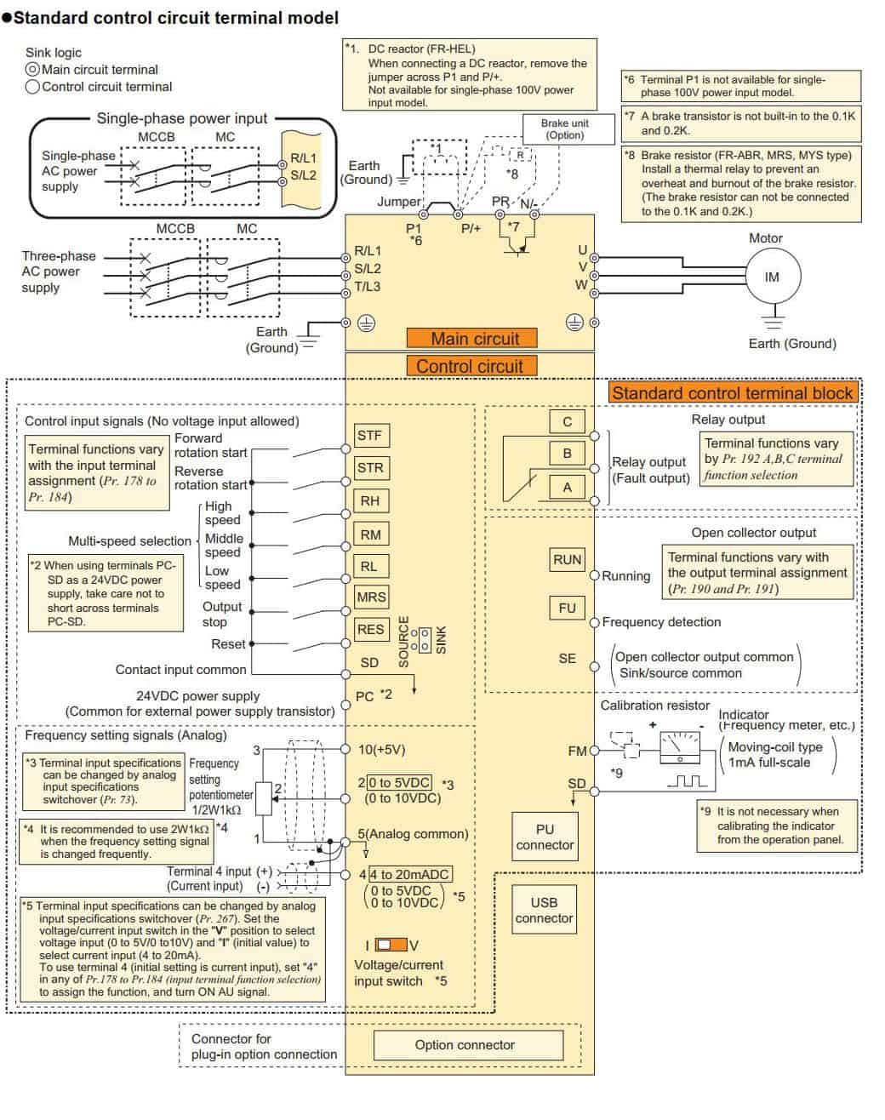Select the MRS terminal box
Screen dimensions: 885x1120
coord(372,597)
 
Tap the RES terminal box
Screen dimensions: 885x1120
coord(372,629)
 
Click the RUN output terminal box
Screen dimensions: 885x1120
coord(567,560)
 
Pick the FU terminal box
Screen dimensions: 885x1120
coord(567,608)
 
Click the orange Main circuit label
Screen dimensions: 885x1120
coord(471,338)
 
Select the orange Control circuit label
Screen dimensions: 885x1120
coord(471,367)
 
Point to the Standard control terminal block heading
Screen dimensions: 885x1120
coord(733,393)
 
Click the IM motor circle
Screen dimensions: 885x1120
coord(773,277)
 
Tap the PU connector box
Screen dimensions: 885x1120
coord(545,837)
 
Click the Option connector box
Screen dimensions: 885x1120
coord(469,1045)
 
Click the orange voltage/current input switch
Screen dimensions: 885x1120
coord(391,945)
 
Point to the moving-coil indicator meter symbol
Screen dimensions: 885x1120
coord(680,748)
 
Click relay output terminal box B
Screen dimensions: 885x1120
coord(567,454)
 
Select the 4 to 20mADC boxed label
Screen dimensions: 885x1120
coord(410,874)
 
